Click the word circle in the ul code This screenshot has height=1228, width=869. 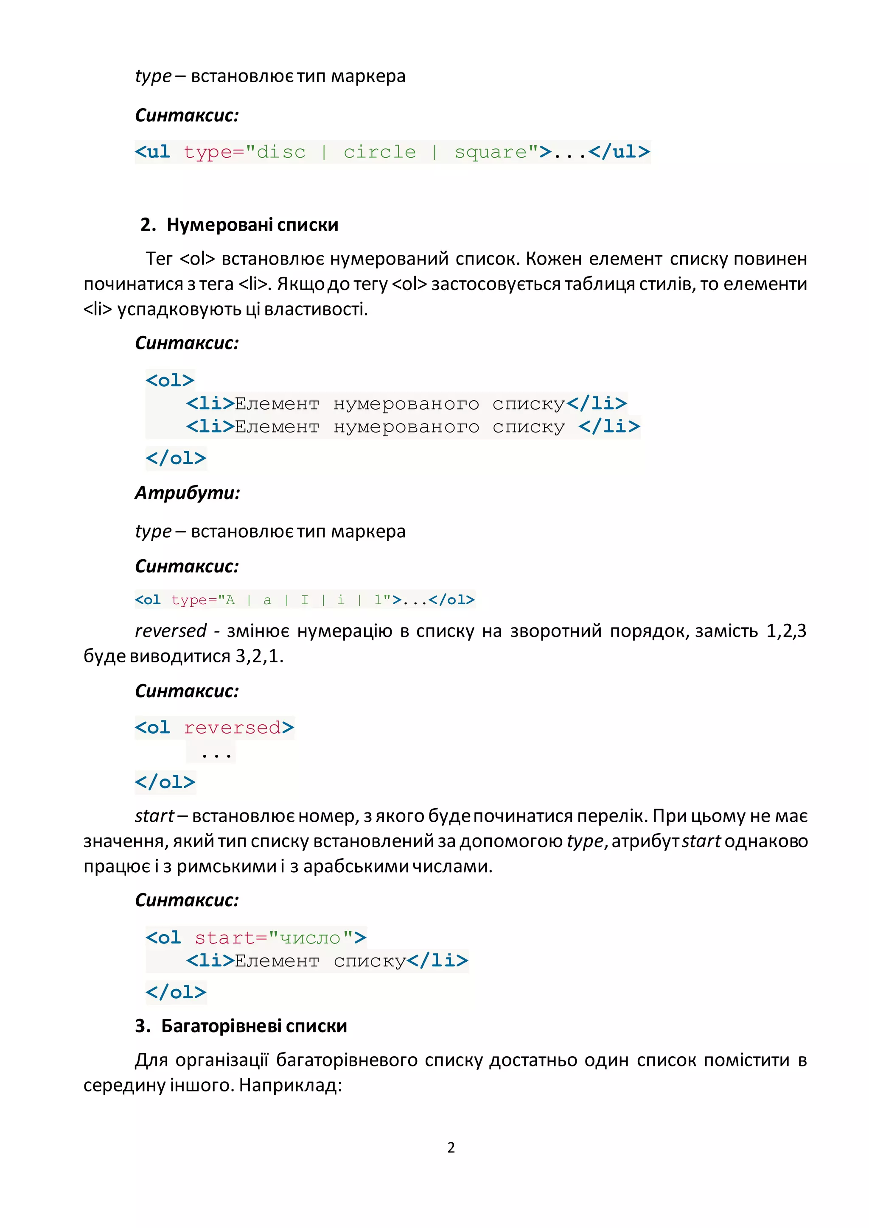pos(379,152)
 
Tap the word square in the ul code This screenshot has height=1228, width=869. pos(491,152)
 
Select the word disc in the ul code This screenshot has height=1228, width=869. pos(281,152)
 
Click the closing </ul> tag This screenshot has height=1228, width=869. pos(619,152)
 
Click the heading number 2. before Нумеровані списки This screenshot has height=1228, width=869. pos(148,225)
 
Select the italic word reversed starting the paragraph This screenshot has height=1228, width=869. pos(170,631)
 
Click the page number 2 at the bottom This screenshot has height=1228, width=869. pos(451,1147)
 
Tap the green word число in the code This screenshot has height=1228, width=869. pos(310,938)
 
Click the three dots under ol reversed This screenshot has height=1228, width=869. pos(216,755)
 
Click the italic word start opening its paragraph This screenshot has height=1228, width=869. pos(154,816)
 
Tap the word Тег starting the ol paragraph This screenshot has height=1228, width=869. pos(159,259)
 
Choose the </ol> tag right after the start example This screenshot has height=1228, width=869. pos(176,992)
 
